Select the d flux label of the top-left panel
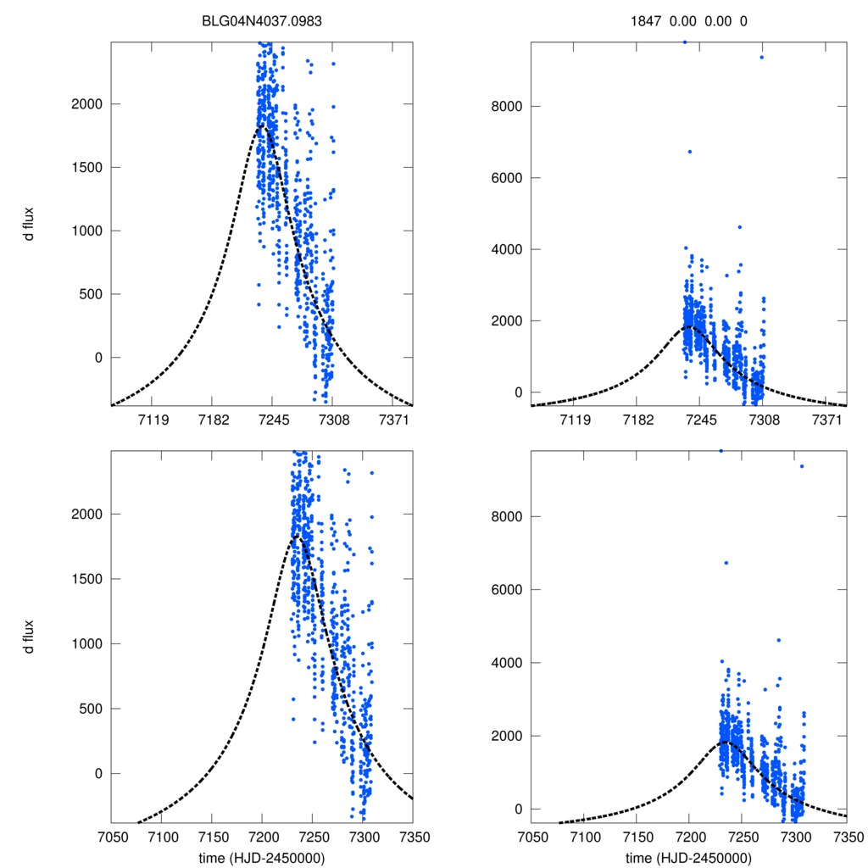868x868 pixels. tap(29, 224)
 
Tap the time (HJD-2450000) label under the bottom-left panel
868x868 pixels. tap(261, 858)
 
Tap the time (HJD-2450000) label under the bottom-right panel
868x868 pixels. tap(688, 858)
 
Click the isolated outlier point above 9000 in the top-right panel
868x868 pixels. tap(761, 57)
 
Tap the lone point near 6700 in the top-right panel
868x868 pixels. tap(689, 152)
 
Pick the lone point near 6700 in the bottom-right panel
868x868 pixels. tap(726, 563)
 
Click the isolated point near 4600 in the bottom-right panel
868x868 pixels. tap(778, 640)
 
